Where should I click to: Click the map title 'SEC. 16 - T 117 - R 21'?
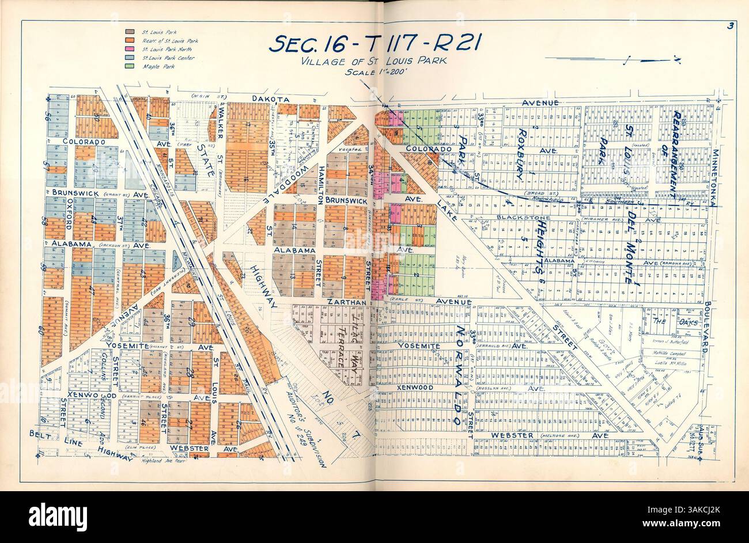pos(374,44)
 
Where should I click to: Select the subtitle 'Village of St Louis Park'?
pos(374,62)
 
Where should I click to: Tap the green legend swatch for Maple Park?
pos(130,67)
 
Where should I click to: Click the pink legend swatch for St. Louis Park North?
pos(130,50)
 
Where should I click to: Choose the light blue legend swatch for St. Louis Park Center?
pos(130,58)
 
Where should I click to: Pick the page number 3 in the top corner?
pos(729,25)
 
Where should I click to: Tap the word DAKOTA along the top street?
pos(270,99)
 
